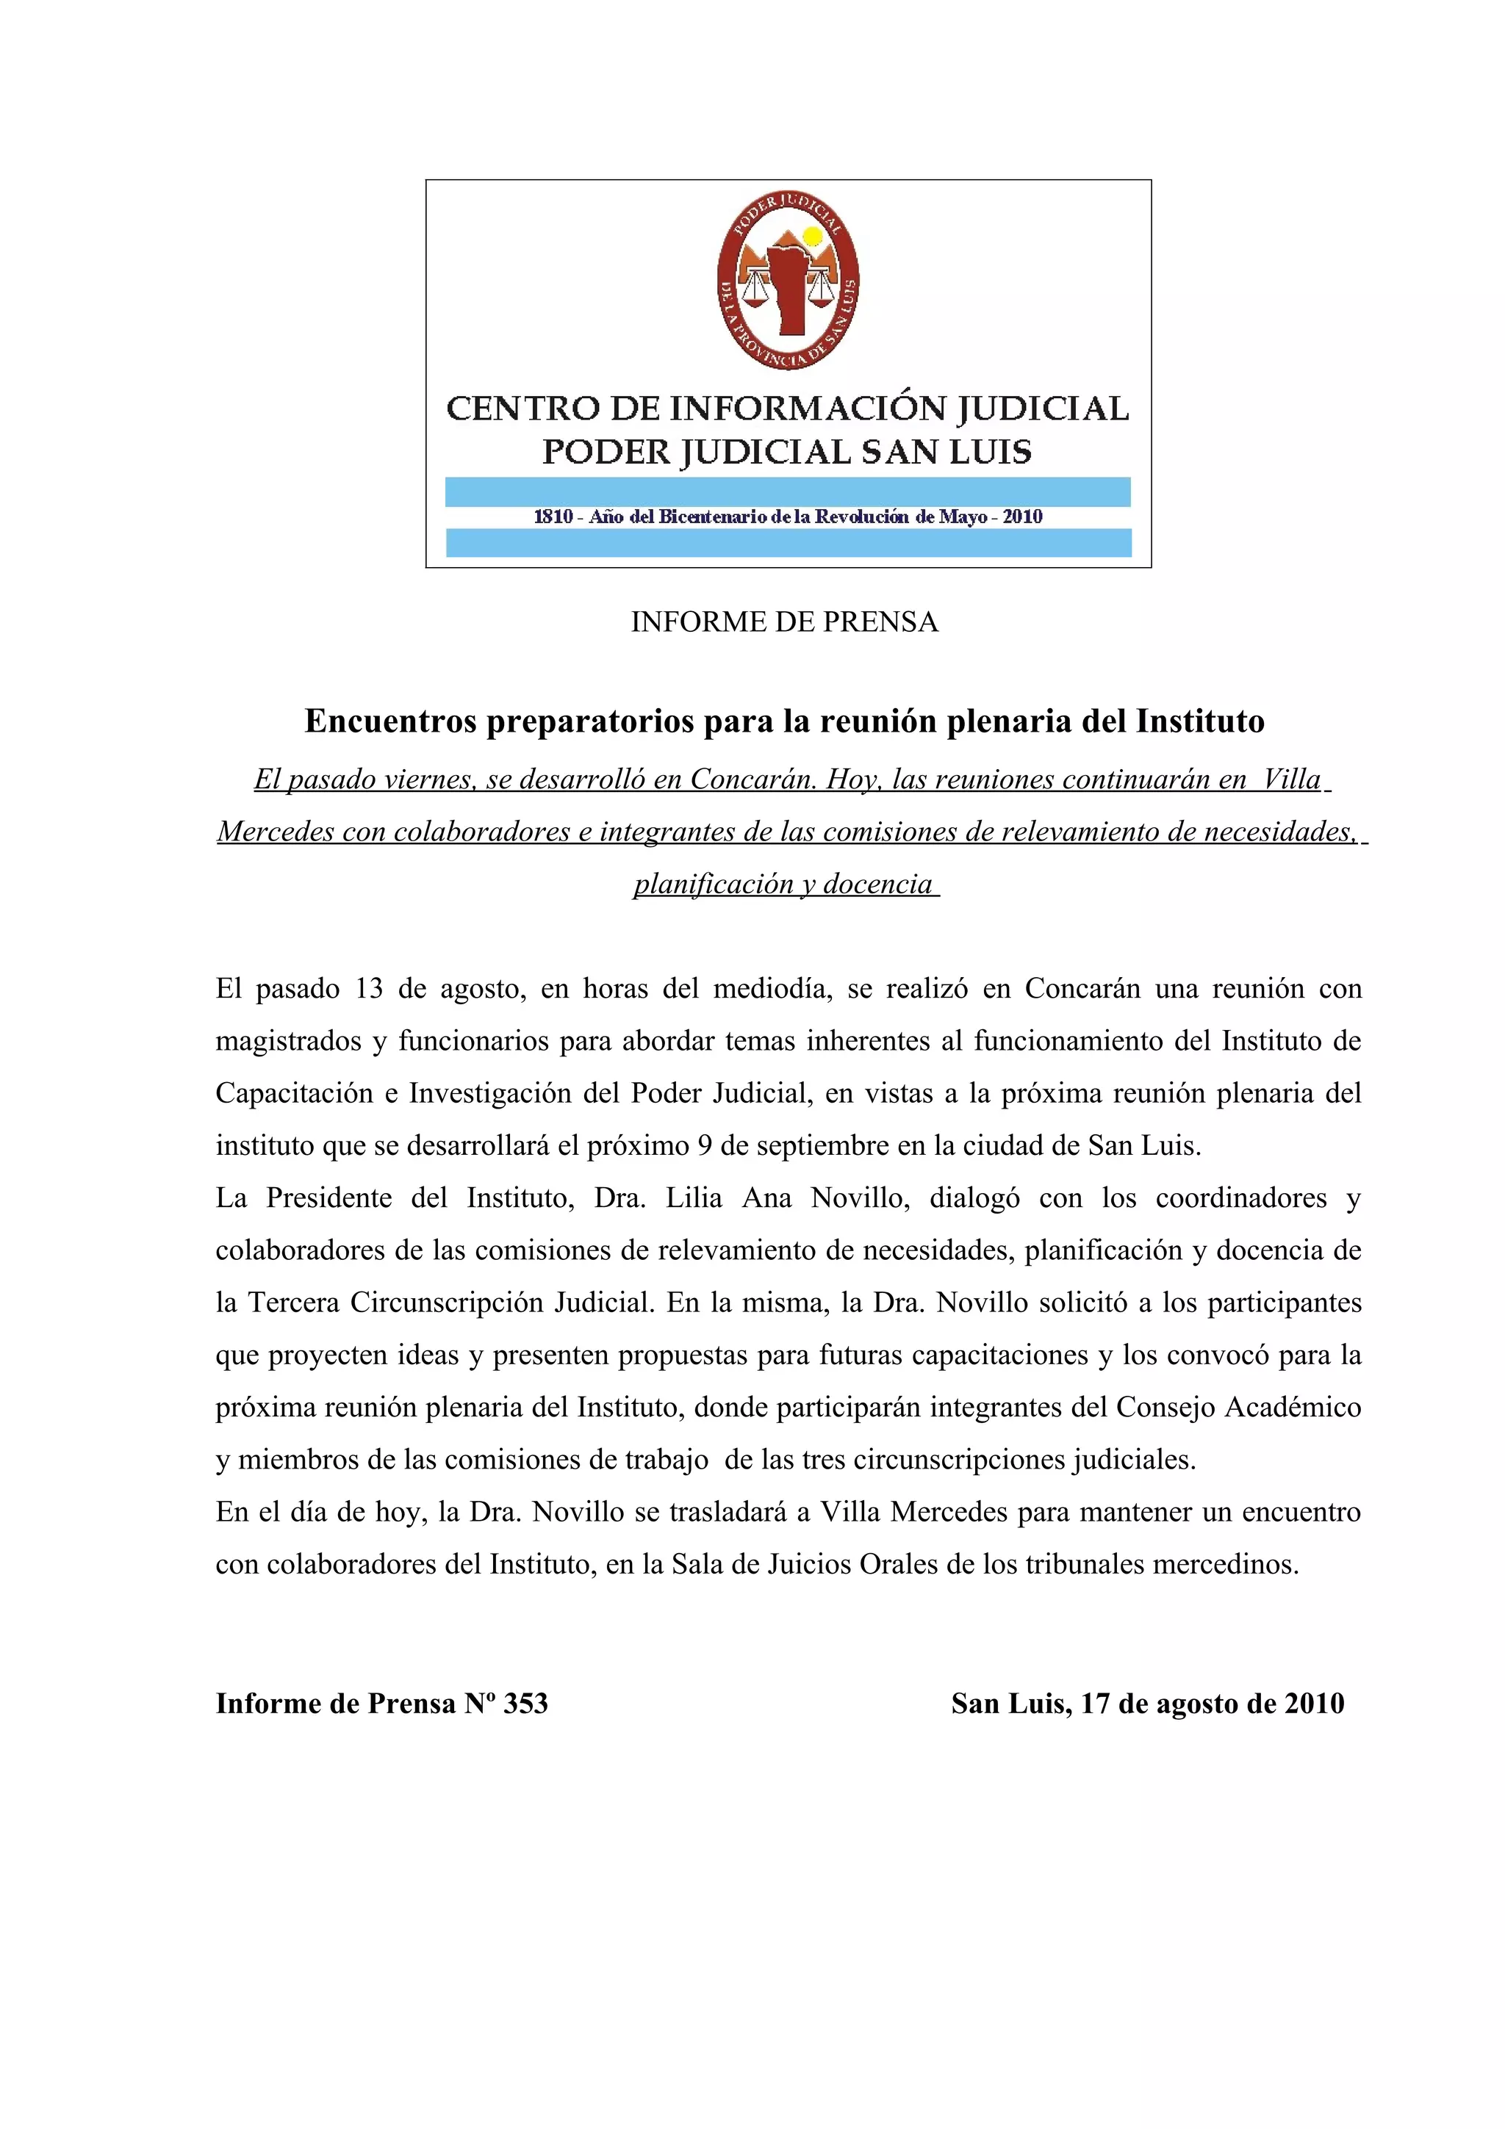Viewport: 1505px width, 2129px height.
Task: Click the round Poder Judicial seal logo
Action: (787, 282)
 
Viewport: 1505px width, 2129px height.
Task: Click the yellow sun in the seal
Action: (812, 237)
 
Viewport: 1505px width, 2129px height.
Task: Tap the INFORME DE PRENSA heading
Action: (785, 622)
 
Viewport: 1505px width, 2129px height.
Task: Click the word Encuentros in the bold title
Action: (390, 721)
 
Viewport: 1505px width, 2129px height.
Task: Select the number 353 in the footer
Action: (525, 1704)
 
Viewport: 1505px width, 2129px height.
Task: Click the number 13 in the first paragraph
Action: (368, 989)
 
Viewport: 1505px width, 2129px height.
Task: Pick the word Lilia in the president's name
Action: (694, 1198)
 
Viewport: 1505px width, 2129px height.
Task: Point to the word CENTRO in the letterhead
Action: (517, 409)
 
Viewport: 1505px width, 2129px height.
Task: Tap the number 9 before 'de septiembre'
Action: (705, 1146)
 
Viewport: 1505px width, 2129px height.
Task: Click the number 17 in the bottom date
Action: (1095, 1704)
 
